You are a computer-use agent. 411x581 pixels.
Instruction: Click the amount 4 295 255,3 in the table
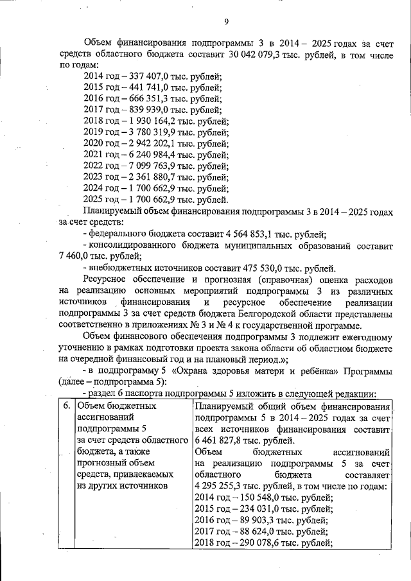pyautogui.click(x=222, y=486)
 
